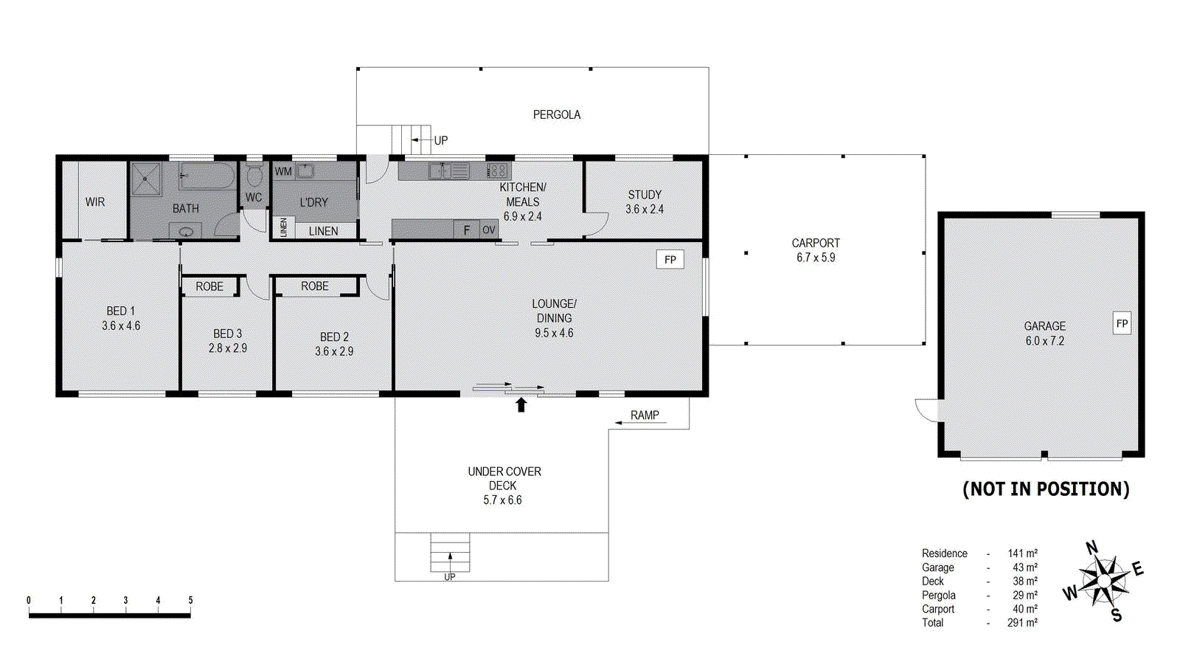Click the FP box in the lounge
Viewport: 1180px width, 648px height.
670,259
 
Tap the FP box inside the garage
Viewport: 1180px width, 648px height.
1122,323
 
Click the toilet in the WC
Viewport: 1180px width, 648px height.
254,176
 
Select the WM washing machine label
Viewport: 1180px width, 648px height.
283,171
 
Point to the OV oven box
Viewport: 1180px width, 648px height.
488,230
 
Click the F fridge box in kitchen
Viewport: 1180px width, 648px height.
466,230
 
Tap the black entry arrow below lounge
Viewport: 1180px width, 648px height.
521,404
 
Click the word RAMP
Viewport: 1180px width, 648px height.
645,416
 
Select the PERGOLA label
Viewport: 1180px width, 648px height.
556,114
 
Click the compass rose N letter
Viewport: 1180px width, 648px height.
1091,548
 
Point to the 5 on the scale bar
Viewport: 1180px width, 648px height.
190,600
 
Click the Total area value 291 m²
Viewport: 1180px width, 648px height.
1022,623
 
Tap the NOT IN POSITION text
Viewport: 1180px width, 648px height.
1045,489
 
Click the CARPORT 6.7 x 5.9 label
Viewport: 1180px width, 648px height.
816,250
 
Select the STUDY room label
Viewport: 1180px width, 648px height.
645,195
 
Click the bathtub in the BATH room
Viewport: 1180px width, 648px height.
207,176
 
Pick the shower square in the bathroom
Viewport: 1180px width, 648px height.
146,179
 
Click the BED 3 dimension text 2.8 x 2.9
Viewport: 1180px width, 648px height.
227,348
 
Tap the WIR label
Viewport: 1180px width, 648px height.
95,201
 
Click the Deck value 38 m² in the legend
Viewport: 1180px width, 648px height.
1024,581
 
